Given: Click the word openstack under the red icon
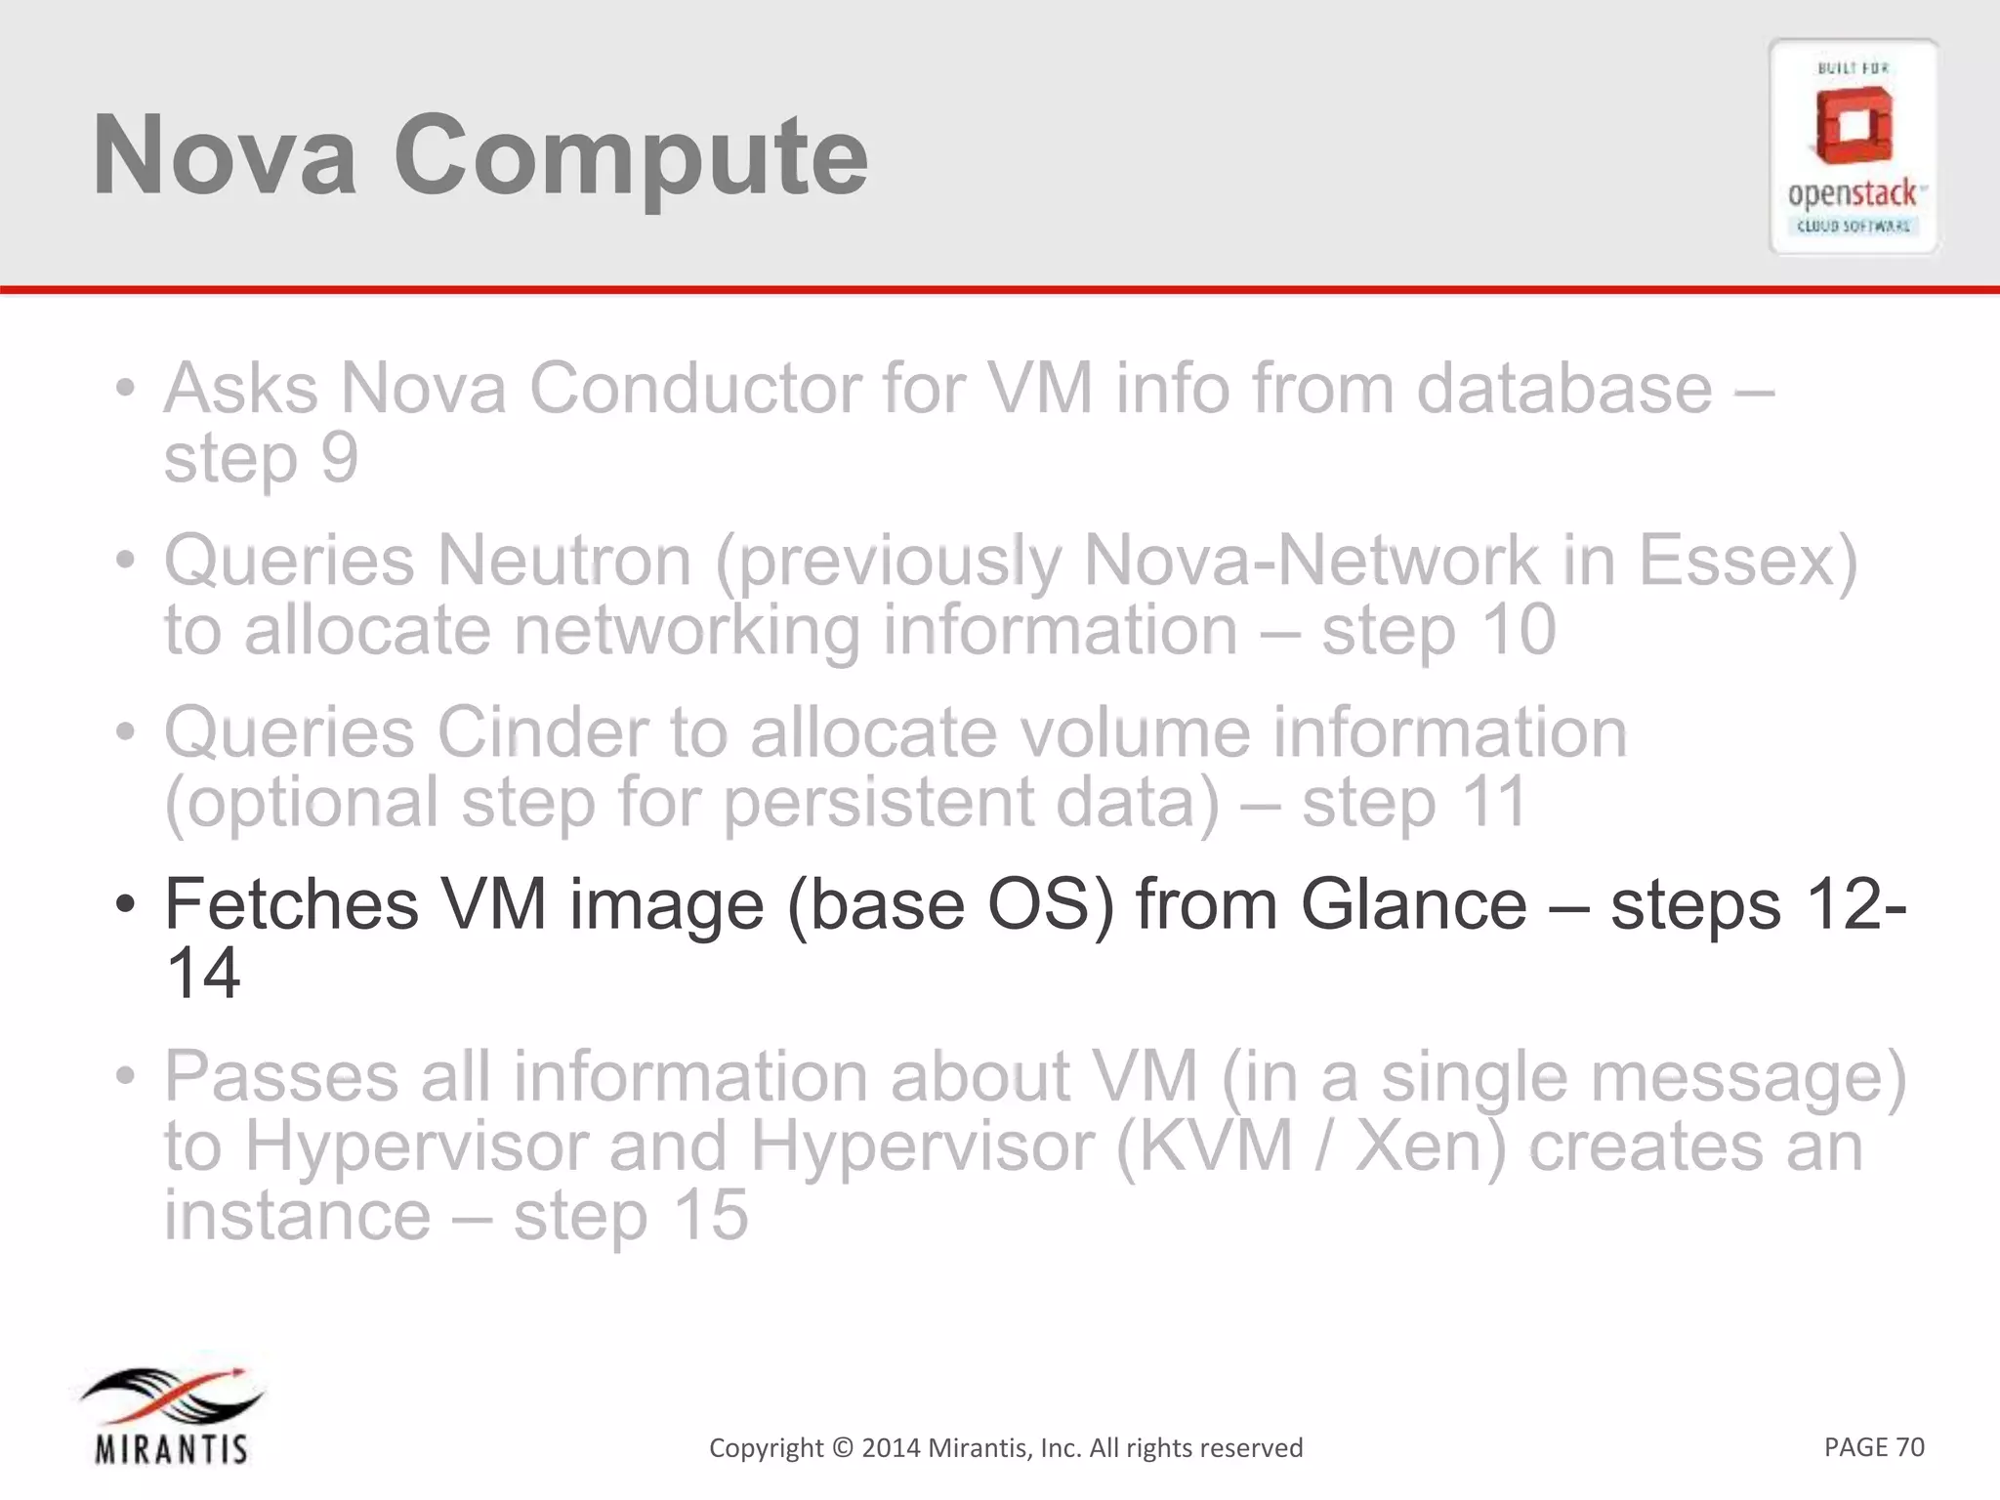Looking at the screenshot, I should [x=1852, y=193].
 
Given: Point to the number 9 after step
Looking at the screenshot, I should [x=339, y=457].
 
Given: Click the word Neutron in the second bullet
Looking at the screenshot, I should [x=563, y=562].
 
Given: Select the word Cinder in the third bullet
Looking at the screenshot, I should [x=542, y=732].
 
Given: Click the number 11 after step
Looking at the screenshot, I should [x=1487, y=802].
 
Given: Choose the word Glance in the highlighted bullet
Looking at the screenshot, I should [x=1413, y=904].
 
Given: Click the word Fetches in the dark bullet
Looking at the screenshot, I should [x=291, y=904].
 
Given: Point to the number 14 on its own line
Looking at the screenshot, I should [x=203, y=973].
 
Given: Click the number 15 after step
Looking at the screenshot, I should [x=710, y=1214].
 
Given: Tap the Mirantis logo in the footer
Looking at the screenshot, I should [x=172, y=1414].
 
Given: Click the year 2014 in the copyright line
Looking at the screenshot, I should [x=890, y=1447].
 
